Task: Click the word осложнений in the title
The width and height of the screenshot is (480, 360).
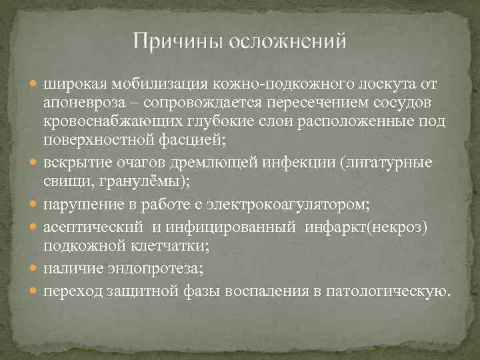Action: (x=287, y=42)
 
